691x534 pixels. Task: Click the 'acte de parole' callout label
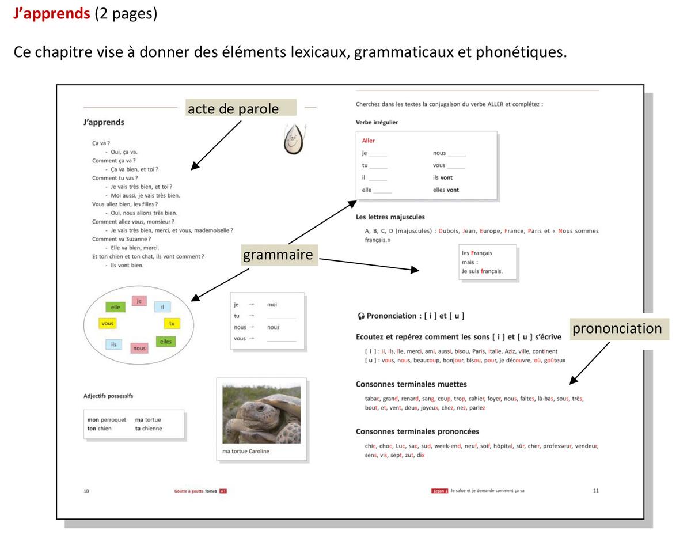(x=241, y=108)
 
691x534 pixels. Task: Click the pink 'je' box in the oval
(x=139, y=300)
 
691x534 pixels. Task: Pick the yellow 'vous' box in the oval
(x=108, y=324)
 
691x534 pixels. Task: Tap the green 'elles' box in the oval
(x=166, y=342)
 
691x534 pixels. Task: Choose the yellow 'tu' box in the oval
(x=172, y=324)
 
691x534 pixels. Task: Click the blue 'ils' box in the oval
(x=113, y=344)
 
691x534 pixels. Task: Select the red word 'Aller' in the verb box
(x=369, y=141)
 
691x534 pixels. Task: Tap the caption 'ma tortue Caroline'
(x=246, y=451)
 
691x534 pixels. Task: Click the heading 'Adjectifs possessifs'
(x=108, y=396)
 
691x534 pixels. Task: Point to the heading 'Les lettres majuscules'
(x=390, y=217)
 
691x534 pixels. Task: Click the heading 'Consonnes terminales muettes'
(x=411, y=384)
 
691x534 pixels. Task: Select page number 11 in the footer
(x=596, y=491)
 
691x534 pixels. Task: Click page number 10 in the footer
(x=86, y=491)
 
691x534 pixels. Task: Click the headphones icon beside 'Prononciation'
(x=360, y=316)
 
